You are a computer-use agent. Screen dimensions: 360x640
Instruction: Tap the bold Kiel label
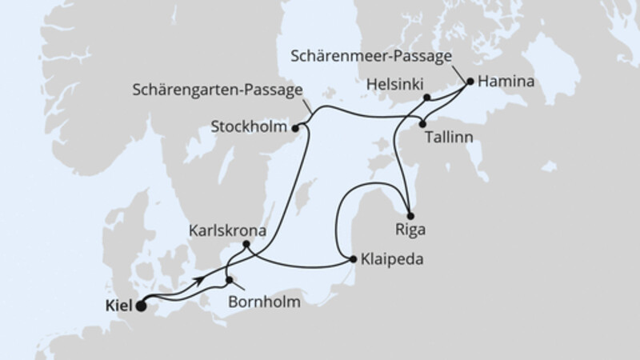(x=118, y=305)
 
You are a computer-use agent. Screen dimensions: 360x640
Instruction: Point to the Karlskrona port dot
(x=247, y=244)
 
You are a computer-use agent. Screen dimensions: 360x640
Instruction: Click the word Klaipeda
(x=392, y=260)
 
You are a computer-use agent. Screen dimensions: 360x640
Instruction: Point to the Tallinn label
(x=449, y=138)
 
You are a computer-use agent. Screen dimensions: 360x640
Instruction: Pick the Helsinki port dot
(x=427, y=98)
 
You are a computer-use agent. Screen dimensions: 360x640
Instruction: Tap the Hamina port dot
(x=470, y=81)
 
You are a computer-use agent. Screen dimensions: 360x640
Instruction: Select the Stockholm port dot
(x=296, y=126)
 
